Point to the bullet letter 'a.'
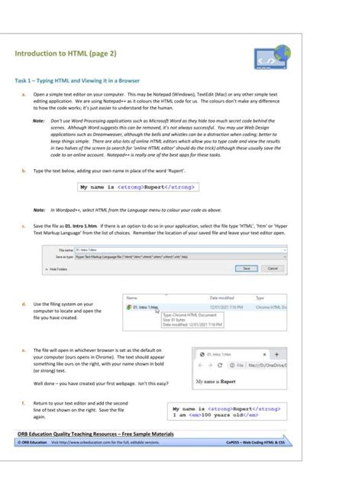click(24, 95)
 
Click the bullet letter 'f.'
click(24, 402)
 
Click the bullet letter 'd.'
click(24, 304)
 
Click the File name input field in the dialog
click(176, 249)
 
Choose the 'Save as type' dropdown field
click(176, 257)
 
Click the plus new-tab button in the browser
click(276, 355)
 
